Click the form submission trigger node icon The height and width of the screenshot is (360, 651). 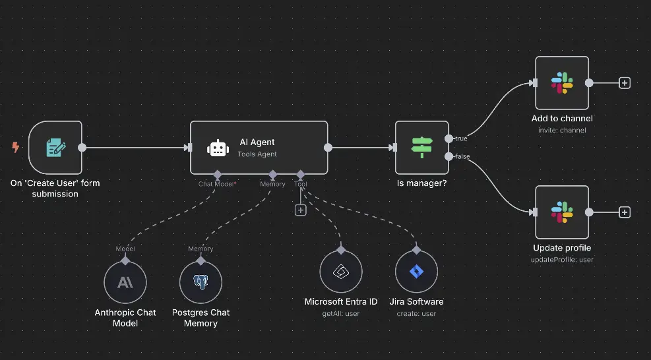coord(55,147)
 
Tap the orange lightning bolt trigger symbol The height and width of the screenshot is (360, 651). coord(16,147)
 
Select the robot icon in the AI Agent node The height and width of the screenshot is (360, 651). coord(218,148)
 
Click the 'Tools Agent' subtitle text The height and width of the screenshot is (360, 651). coord(257,154)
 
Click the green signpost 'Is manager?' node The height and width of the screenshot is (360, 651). coord(421,147)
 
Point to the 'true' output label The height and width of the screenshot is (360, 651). coord(461,138)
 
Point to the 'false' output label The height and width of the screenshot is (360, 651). coord(462,156)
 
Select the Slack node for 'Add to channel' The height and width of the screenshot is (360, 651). coord(561,83)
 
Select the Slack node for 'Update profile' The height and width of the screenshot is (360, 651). coord(561,212)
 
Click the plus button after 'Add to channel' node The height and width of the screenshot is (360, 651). coord(625,83)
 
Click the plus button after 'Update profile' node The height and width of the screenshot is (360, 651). coord(625,212)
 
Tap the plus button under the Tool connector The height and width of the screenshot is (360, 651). coord(300,210)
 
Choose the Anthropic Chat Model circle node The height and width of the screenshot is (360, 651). coord(125,283)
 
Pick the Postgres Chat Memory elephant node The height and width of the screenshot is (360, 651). coord(201,283)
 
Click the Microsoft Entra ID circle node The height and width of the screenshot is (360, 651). coord(341,272)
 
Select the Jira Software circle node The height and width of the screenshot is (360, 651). coord(416,272)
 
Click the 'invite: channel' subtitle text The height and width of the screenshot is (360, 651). coord(562,130)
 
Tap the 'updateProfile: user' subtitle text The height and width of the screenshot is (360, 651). coord(562,259)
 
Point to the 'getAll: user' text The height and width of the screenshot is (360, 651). coord(341,313)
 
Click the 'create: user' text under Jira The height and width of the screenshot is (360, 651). coord(416,313)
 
